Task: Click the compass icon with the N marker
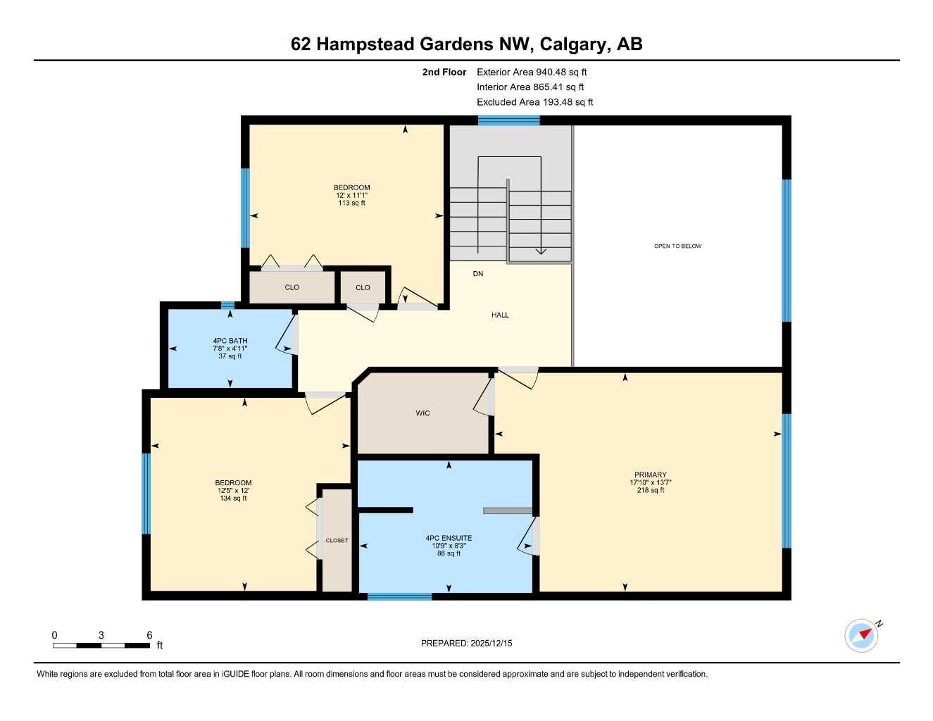pyautogui.click(x=862, y=635)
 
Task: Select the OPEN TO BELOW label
pyautogui.click(x=677, y=246)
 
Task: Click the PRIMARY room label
pyautogui.click(x=650, y=475)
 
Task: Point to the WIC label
pyautogui.click(x=422, y=413)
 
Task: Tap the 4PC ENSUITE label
pyautogui.click(x=449, y=538)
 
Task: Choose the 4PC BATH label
pyautogui.click(x=230, y=341)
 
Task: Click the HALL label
pyautogui.click(x=500, y=315)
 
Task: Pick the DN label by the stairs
pyautogui.click(x=478, y=274)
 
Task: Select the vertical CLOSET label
pyautogui.click(x=337, y=541)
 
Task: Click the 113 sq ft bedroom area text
pyautogui.click(x=351, y=203)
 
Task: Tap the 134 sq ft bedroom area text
pyautogui.click(x=233, y=499)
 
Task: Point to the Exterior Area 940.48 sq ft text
pyautogui.click(x=532, y=72)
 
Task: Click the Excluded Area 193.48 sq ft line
pyautogui.click(x=534, y=102)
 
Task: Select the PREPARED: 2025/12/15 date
pyautogui.click(x=466, y=644)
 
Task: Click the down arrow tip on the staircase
pyautogui.click(x=541, y=252)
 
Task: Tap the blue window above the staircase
pyautogui.click(x=508, y=120)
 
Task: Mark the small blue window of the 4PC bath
pyautogui.click(x=227, y=305)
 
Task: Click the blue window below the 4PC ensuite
pyautogui.click(x=399, y=597)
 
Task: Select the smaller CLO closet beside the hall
pyautogui.click(x=363, y=287)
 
